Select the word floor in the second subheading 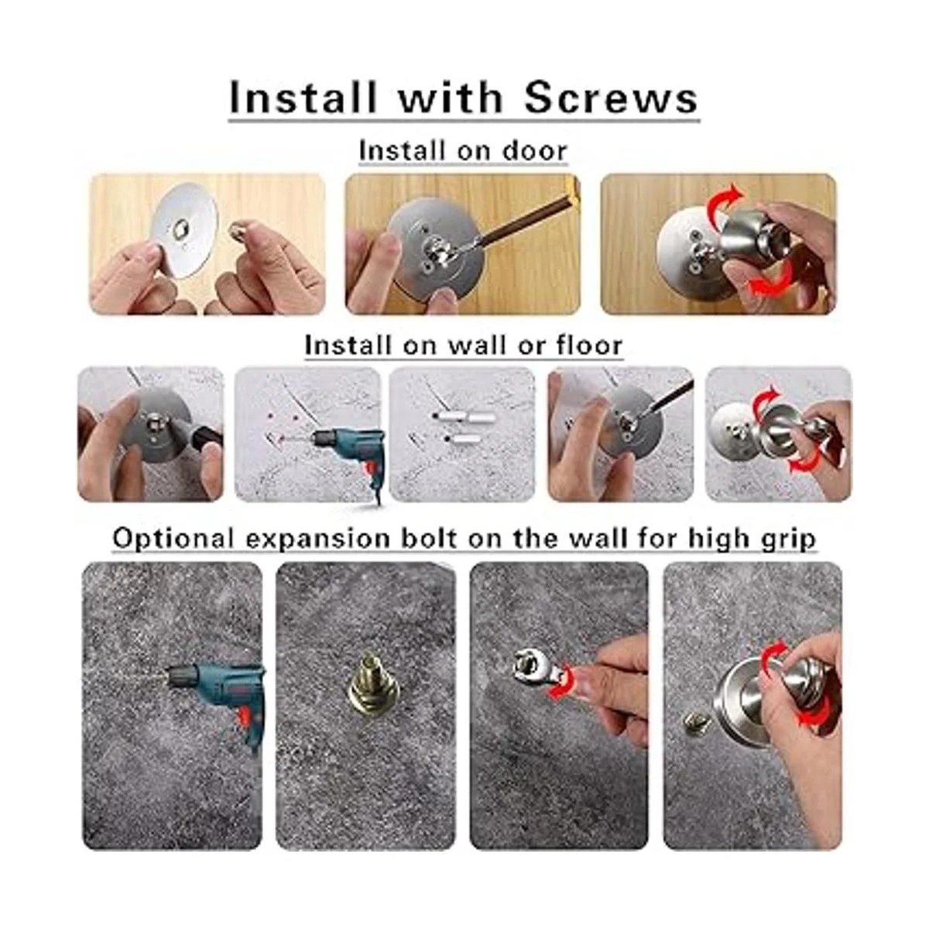click(589, 345)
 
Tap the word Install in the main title click(303, 98)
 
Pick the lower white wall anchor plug click(463, 439)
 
